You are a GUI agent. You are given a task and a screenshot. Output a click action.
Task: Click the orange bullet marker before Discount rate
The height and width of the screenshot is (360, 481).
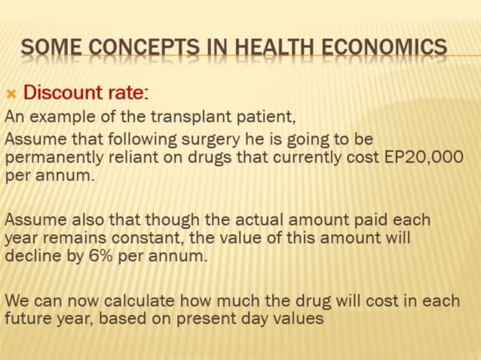11,93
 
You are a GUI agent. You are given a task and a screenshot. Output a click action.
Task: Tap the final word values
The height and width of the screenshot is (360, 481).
298,319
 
